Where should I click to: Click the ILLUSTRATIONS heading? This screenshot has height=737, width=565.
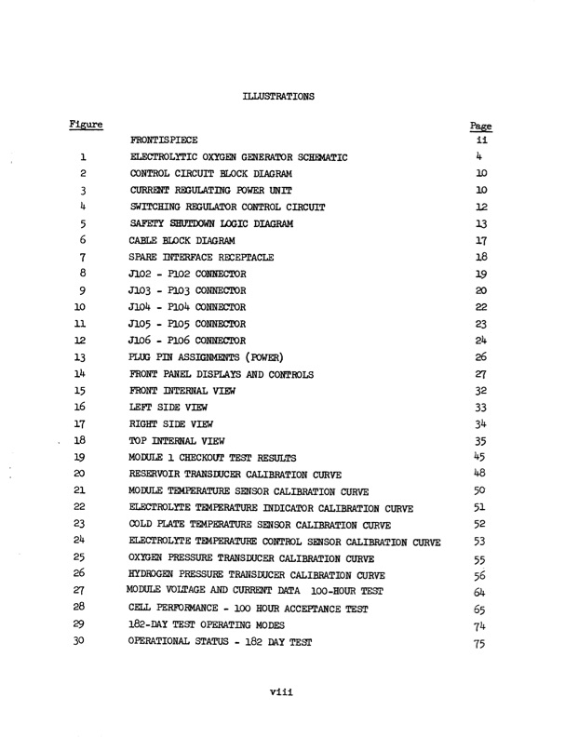pyautogui.click(x=278, y=95)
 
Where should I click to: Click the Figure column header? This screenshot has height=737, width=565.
pyautogui.click(x=87, y=124)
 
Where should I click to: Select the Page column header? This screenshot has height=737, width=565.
pyautogui.click(x=480, y=126)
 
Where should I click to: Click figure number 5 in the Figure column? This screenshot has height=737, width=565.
pyautogui.click(x=83, y=223)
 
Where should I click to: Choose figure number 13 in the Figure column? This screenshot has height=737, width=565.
pyautogui.click(x=82, y=357)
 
